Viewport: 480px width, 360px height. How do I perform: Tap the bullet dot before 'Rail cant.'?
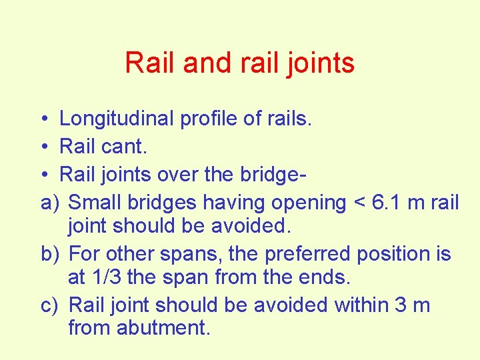(x=42, y=147)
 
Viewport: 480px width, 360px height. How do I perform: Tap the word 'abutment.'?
(x=163, y=328)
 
